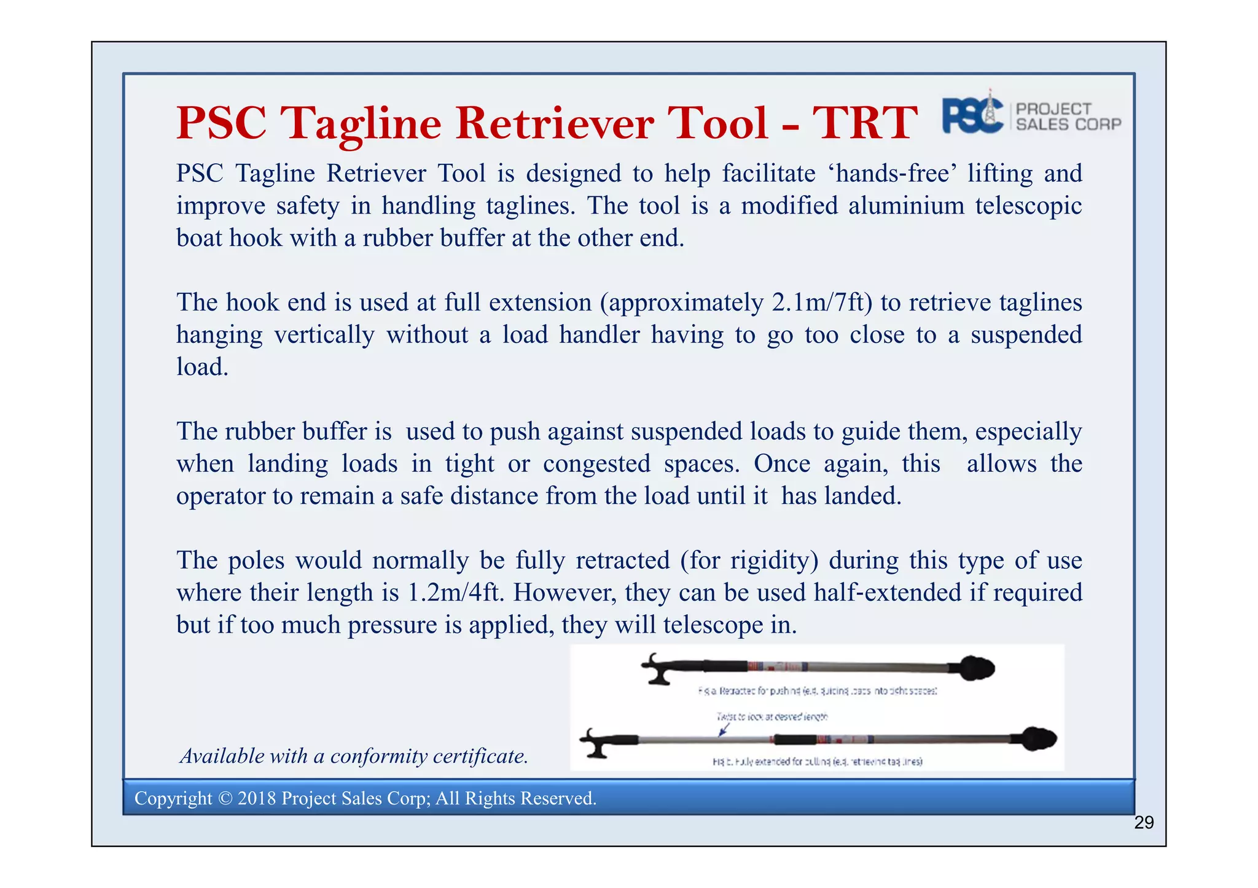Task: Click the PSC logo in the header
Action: tap(972, 115)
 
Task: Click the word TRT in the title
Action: tap(864, 123)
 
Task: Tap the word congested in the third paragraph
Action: tap(596, 464)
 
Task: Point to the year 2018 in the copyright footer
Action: tap(257, 798)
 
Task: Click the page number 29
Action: tap(1144, 823)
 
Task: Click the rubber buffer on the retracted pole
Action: tap(975, 668)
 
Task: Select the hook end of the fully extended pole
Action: tap(596, 743)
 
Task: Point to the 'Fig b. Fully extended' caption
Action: tap(817, 762)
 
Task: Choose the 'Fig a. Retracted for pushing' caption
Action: tap(817, 691)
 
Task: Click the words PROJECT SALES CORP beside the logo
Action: tap(1068, 117)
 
